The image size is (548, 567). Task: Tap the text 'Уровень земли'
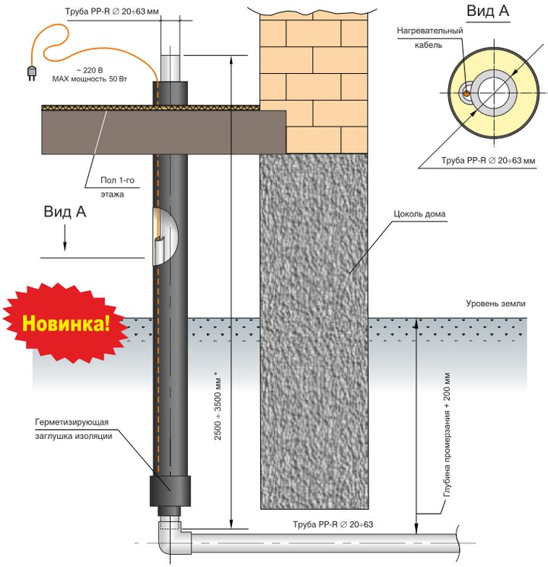tap(495, 304)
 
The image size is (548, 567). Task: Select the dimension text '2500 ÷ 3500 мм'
tap(218, 408)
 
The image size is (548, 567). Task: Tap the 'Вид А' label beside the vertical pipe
tap(65, 213)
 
